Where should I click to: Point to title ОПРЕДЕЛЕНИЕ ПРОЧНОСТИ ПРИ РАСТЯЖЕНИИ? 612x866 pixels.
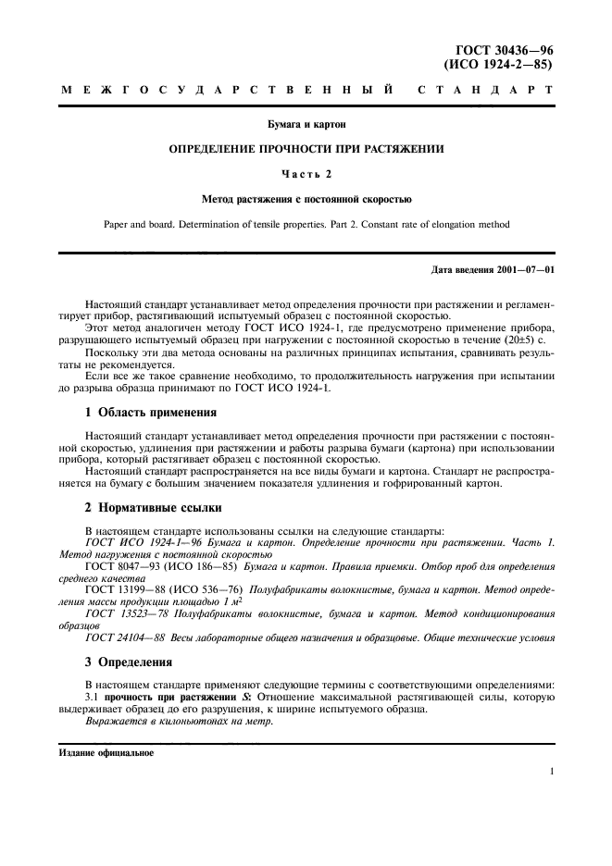306,148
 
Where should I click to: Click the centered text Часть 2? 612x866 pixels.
306,173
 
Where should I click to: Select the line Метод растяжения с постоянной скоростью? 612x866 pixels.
306,198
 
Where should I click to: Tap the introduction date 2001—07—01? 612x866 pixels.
521,270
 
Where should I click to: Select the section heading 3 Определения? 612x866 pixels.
129,664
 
